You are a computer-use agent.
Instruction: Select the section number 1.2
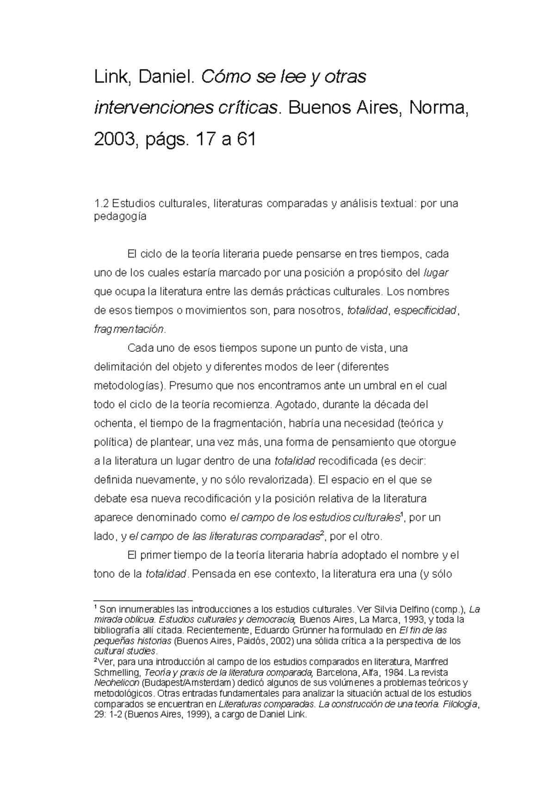click(101, 203)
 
